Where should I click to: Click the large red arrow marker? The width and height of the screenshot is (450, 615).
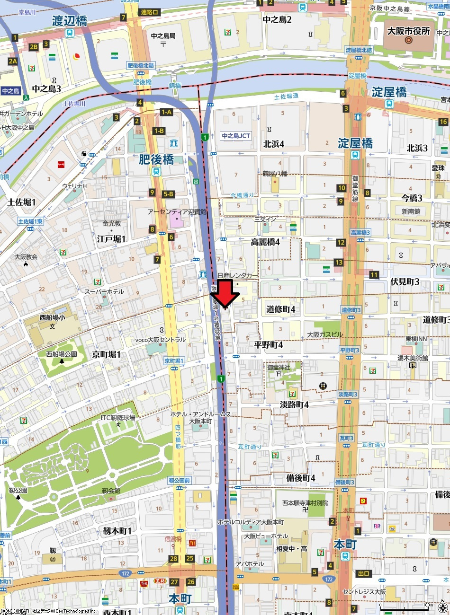(x=225, y=294)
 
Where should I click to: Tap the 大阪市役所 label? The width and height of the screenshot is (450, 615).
(x=408, y=31)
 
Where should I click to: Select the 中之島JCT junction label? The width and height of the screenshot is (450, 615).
(x=236, y=136)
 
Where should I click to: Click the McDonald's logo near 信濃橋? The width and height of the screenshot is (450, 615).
(x=192, y=543)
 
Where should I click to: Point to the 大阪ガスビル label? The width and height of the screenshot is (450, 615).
(x=325, y=334)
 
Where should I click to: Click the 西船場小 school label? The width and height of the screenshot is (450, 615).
(x=53, y=318)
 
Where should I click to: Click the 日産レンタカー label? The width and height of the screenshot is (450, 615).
(x=238, y=275)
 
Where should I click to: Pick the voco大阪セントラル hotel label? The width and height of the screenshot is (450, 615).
(x=161, y=340)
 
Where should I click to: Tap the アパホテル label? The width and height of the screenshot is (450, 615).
(x=250, y=564)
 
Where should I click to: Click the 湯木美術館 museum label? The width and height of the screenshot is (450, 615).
(x=413, y=358)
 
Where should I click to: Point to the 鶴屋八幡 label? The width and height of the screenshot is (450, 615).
(x=275, y=174)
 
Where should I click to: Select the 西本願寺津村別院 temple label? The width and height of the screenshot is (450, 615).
(x=305, y=503)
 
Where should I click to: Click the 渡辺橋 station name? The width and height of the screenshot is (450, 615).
(x=70, y=21)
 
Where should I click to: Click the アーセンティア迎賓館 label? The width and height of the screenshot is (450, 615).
(x=177, y=212)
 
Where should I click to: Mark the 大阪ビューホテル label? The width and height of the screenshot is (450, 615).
(x=266, y=536)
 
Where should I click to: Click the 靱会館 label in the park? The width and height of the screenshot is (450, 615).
(x=111, y=491)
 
